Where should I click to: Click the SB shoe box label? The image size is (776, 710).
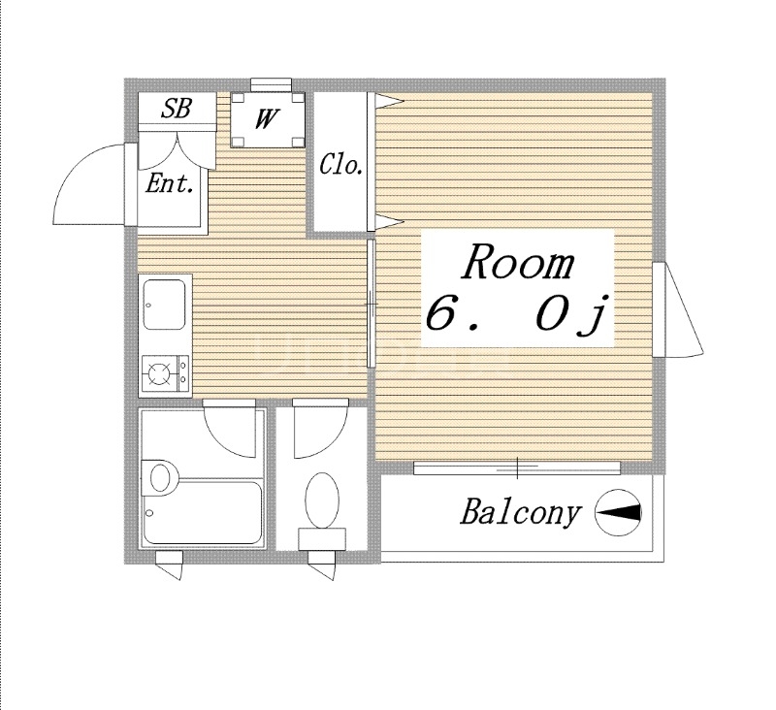point(176,109)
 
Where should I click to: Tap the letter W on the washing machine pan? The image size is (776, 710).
point(268,119)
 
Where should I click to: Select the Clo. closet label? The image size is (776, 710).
point(341,165)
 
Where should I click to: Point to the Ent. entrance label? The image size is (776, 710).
point(169,183)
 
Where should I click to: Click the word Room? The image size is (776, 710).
point(517,263)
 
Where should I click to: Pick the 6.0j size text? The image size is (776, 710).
point(516,316)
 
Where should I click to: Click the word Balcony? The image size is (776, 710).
point(520,512)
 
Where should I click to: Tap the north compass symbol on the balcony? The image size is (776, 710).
point(618,513)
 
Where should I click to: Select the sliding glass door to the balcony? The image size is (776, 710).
point(516,468)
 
